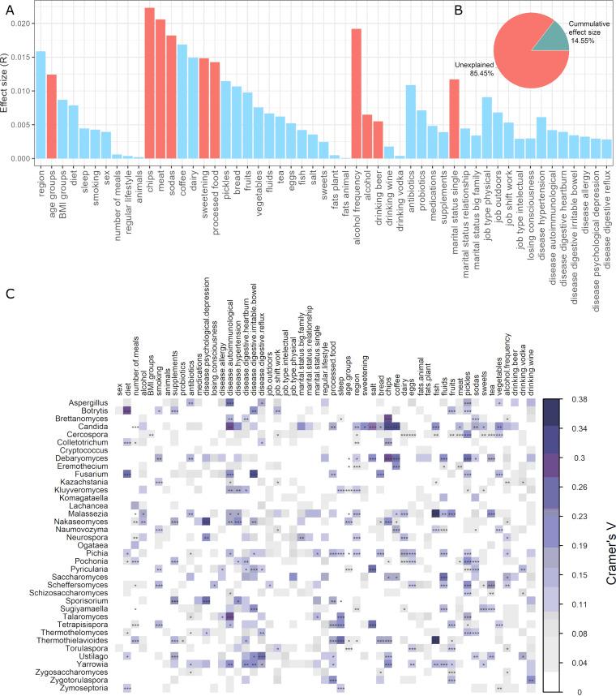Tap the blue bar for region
click(x=41, y=105)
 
